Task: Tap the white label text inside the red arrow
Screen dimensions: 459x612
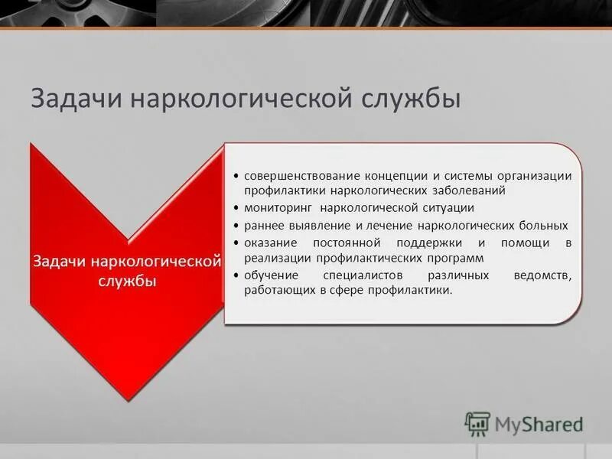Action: pyautogui.click(x=127, y=271)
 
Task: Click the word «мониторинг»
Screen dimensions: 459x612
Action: pyautogui.click(x=278, y=208)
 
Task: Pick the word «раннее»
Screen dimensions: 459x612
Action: pyautogui.click(x=263, y=226)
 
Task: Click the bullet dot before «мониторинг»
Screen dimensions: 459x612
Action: pyautogui.click(x=237, y=209)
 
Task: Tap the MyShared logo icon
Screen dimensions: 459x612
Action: pyautogui.click(x=478, y=422)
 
